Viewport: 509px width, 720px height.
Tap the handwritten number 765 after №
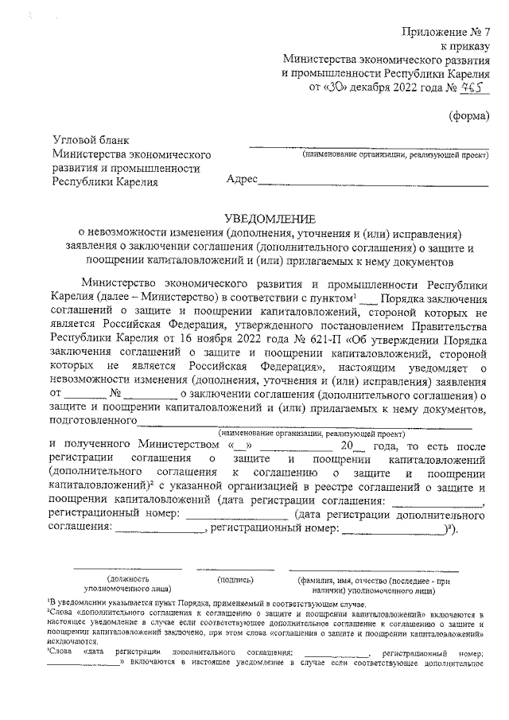pos(476,88)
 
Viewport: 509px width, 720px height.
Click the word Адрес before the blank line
pos(242,181)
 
